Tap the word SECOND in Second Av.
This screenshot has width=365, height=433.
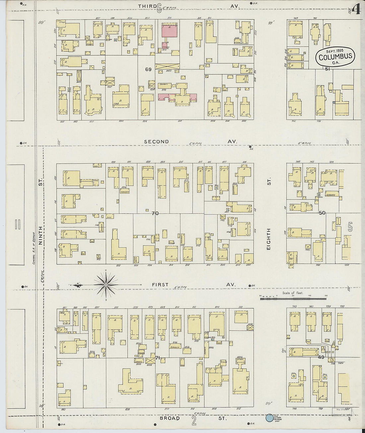pyautogui.click(x=156, y=142)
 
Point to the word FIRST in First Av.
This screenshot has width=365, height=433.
pyautogui.click(x=160, y=285)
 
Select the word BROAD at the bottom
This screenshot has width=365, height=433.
pyautogui.click(x=170, y=418)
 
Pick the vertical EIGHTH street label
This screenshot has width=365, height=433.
pyautogui.click(x=268, y=239)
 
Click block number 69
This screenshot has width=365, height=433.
pyautogui.click(x=148, y=69)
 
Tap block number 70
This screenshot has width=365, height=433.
pyautogui.click(x=155, y=213)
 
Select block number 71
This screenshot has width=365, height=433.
pyautogui.click(x=158, y=357)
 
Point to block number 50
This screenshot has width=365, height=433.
pyautogui.click(x=322, y=213)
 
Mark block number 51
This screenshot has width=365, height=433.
pyautogui.click(x=327, y=69)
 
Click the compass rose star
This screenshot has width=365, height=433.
pyautogui.click(x=106, y=285)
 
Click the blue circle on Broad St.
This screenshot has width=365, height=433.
pyautogui.click(x=269, y=418)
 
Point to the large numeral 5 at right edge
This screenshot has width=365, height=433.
pyautogui.click(x=350, y=227)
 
